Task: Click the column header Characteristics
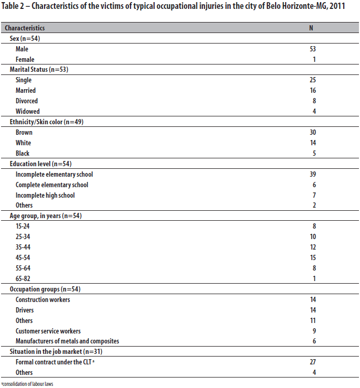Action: coord(25,28)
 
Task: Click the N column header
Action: coord(311,28)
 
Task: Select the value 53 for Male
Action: coord(313,49)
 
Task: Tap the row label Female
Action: coord(25,59)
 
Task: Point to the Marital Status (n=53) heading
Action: coord(39,70)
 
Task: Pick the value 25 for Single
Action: coord(313,80)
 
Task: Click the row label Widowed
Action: coord(27,111)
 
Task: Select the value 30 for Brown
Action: coord(313,132)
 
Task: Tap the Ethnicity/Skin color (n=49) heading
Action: coord(46,122)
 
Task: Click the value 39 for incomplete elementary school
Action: coord(313,174)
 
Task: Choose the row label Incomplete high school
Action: coord(45,195)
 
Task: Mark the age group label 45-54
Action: coord(24,257)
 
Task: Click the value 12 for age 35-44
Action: coord(313,247)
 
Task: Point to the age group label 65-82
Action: coord(24,278)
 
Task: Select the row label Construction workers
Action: coord(42,299)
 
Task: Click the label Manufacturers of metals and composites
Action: coord(67,341)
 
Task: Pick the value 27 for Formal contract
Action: coord(313,362)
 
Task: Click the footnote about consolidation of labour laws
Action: coord(27,384)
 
